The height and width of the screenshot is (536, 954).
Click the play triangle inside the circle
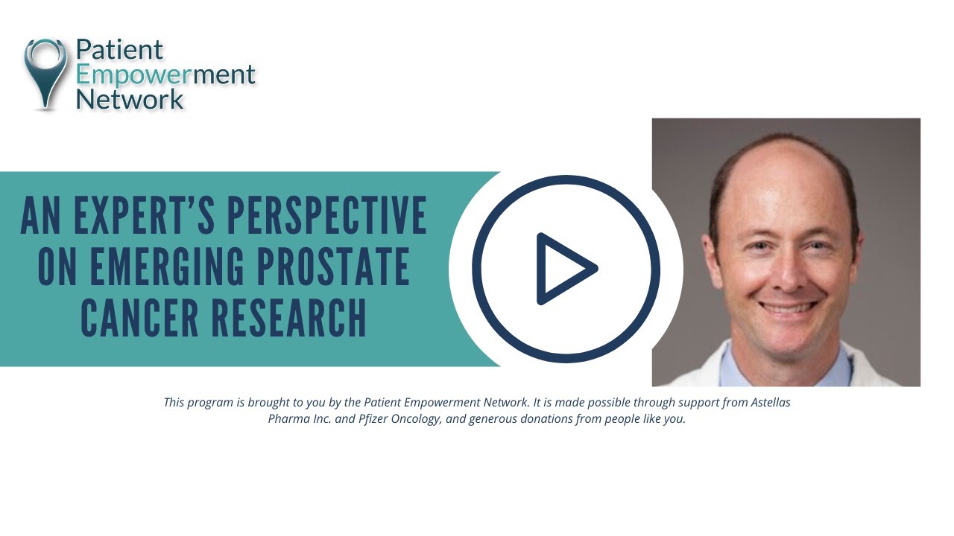565,269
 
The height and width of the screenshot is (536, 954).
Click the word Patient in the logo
119,50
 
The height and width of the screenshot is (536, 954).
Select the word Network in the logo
130,98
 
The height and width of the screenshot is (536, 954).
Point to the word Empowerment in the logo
165,75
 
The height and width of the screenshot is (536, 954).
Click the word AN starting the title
39,216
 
